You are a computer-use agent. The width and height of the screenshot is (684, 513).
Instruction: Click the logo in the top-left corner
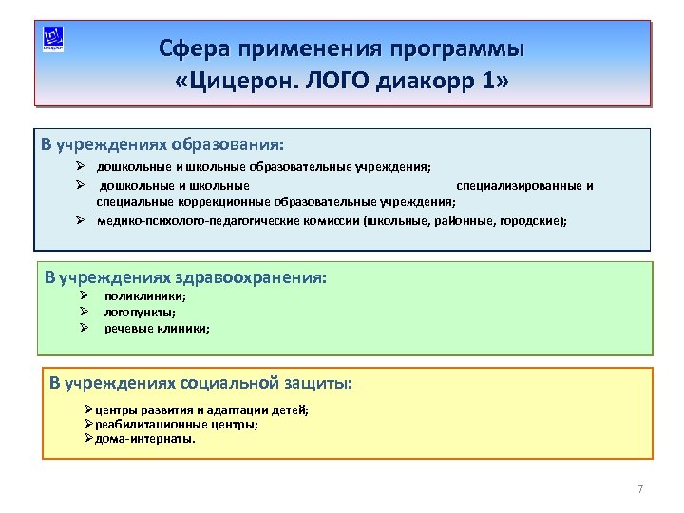pos(53,40)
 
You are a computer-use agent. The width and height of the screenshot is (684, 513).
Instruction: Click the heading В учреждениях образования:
pos(162,145)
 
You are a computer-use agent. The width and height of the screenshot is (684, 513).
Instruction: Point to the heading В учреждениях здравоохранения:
pos(186,278)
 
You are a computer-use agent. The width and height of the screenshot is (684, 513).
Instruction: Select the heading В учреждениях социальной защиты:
pos(200,383)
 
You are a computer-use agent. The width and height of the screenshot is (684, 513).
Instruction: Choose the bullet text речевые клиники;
pos(158,328)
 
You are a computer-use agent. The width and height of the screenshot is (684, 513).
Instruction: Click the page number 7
pos(640,489)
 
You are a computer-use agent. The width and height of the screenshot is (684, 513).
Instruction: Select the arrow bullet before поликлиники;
pos(84,296)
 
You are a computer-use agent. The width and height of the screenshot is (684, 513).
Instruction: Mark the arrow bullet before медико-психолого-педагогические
pos(82,220)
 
